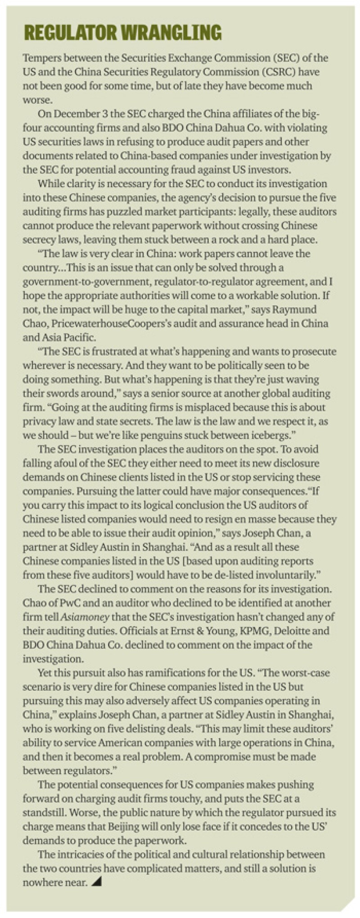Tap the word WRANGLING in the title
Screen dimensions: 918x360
[172, 32]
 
